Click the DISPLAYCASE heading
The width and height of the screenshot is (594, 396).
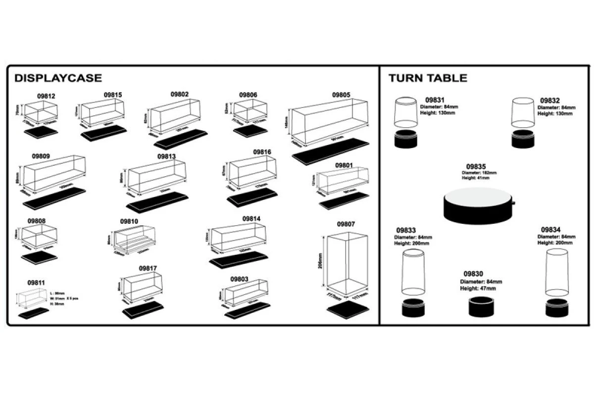coord(58,78)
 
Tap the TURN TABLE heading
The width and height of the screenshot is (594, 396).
coord(428,78)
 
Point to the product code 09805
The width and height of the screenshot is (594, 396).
coord(341,94)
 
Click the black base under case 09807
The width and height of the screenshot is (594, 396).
coord(348,308)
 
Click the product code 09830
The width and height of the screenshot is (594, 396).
coord(473,274)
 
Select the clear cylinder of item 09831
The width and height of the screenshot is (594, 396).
coord(406,112)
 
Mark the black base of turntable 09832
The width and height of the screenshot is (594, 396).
coord(524,140)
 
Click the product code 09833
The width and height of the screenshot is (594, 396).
coord(407,230)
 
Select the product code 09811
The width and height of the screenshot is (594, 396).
coord(36,283)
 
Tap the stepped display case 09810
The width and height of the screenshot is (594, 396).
coord(135,243)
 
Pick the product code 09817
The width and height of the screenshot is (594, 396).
coord(148,268)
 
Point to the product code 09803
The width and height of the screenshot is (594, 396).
coord(239,279)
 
